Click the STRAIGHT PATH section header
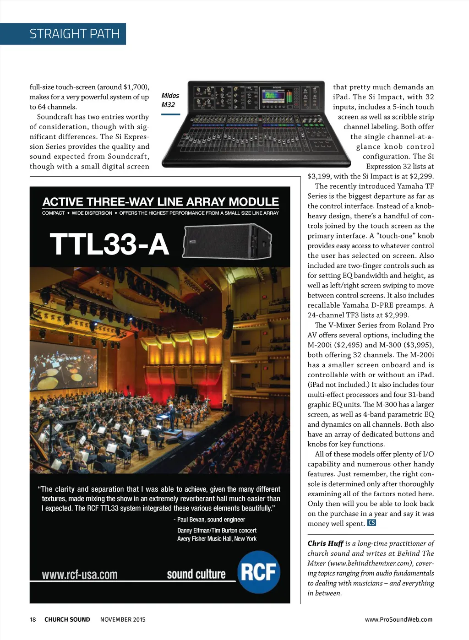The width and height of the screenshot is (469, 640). (x=74, y=34)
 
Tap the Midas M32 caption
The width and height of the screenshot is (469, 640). (x=170, y=100)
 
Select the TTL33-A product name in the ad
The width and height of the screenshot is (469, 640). (x=109, y=244)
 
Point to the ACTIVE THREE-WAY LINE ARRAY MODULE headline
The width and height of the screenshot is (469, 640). (x=160, y=202)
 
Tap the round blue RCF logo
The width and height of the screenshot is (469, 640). (x=258, y=572)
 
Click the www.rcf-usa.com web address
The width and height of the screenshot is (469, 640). (x=80, y=575)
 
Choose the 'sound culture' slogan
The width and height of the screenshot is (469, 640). (x=196, y=574)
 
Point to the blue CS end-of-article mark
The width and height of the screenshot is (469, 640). (x=371, y=523)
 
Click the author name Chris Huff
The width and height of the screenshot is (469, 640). (x=325, y=543)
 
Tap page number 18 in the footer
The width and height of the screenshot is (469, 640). (x=33, y=619)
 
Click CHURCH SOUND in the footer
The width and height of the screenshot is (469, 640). (x=67, y=619)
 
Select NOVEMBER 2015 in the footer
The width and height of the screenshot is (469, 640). (x=123, y=619)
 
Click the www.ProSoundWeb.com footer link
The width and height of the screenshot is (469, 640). (x=398, y=619)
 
